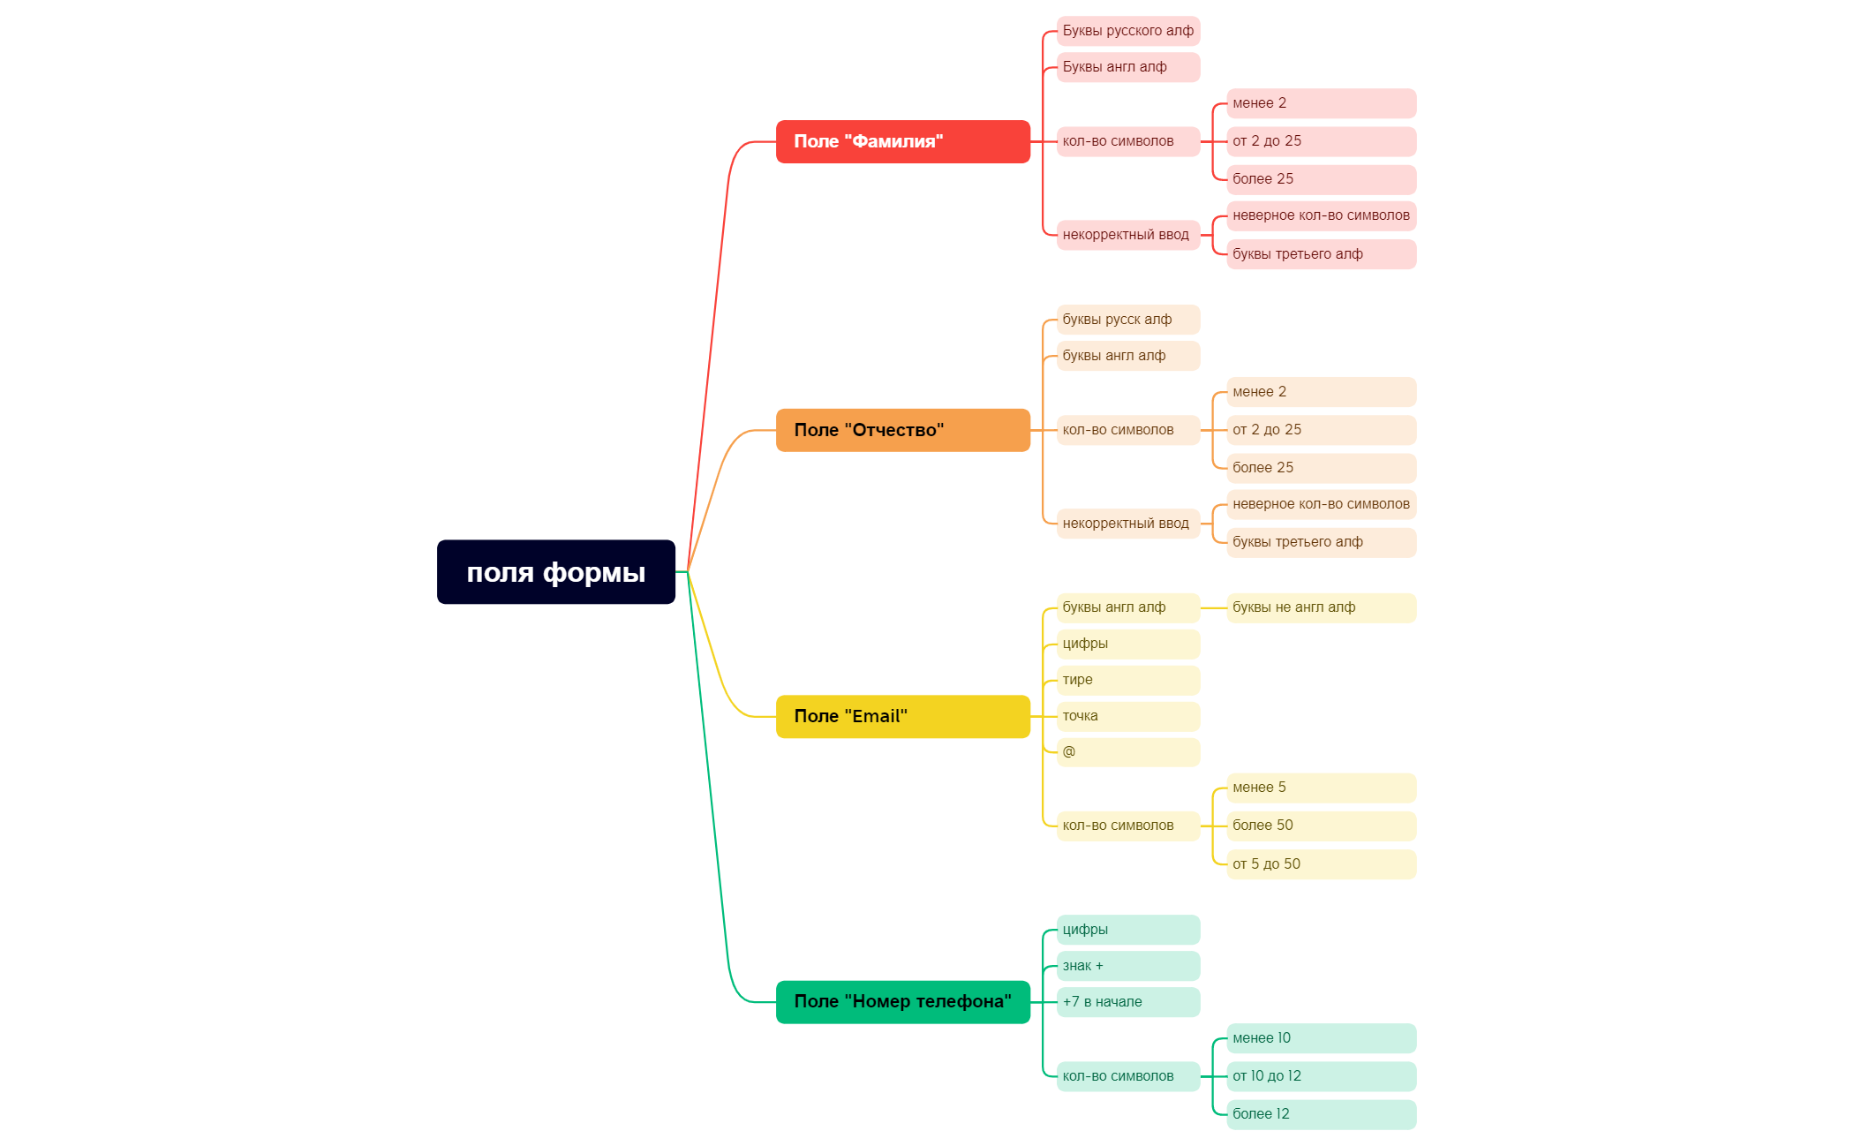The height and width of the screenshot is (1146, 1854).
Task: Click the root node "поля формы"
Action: pos(556,572)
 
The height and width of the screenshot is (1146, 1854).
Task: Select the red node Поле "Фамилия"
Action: pos(903,141)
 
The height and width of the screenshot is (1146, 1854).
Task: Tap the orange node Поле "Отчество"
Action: pos(903,430)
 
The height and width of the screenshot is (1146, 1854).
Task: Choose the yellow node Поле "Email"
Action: pos(903,716)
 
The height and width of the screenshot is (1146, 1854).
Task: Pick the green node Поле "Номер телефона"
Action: pos(903,1002)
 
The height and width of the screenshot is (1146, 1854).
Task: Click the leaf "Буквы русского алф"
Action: pos(1128,31)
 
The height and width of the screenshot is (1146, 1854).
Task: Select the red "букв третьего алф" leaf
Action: pos(1322,254)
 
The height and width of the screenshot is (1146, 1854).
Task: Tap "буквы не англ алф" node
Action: pos(1322,607)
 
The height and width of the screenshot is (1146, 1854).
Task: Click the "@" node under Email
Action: pos(1128,752)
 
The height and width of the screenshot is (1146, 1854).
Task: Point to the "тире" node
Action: pos(1128,680)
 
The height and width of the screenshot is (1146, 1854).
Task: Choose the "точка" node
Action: pos(1128,716)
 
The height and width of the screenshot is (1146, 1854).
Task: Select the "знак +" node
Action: pos(1128,966)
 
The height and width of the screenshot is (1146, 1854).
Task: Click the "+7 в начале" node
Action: pos(1128,1002)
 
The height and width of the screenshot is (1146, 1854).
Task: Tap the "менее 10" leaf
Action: pos(1322,1038)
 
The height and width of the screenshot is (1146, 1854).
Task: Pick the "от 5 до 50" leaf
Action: pos(1322,864)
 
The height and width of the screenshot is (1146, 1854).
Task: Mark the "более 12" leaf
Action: pos(1322,1114)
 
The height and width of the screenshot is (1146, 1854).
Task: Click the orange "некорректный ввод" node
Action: pos(1128,524)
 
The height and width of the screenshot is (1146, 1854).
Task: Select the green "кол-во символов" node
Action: pos(1128,1076)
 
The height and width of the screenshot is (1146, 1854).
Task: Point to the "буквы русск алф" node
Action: pos(1128,320)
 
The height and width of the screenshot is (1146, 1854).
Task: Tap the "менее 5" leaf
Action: pos(1322,788)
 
